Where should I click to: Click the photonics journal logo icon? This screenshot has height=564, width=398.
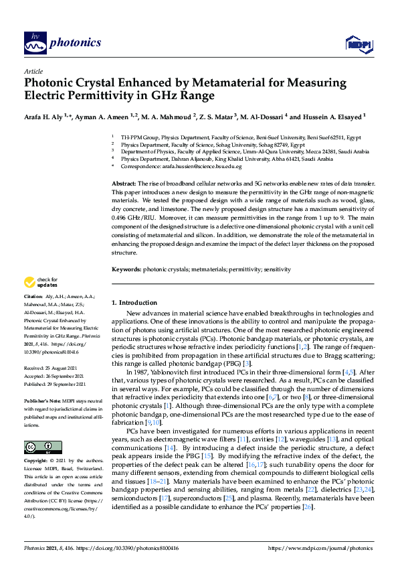click(35, 43)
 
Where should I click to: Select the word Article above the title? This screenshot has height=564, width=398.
click(33, 70)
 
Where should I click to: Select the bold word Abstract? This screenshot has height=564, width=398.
click(124, 184)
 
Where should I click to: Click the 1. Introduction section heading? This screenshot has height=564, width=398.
click(134, 303)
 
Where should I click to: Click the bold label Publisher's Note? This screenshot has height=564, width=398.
click(42, 398)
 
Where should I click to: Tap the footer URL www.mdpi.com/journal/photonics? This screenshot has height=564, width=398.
click(320, 547)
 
